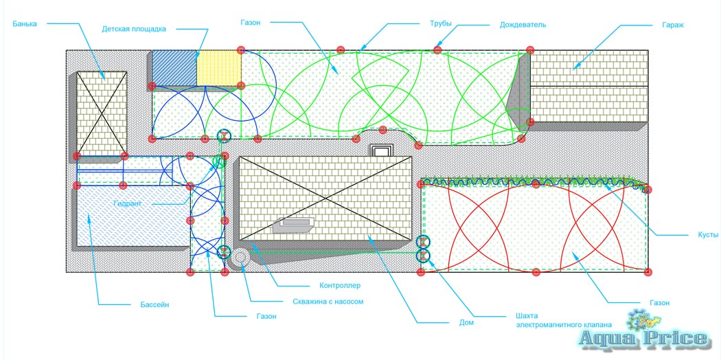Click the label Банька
point(24,23)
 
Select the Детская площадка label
point(134,29)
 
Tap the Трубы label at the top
point(439,23)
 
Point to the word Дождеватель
point(523,25)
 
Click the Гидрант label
point(128,204)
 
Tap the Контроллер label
point(340,285)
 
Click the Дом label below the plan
point(467,321)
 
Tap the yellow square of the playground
point(219,67)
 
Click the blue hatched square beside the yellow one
point(174,67)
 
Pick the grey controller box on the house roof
point(295,225)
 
